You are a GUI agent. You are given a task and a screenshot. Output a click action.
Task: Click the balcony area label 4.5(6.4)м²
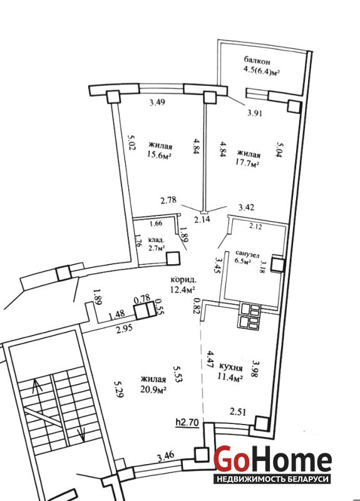click(x=262, y=71)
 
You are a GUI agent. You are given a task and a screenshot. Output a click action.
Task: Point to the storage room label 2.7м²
click(x=157, y=247)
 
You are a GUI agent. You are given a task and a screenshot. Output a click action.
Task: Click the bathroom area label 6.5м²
click(x=243, y=261)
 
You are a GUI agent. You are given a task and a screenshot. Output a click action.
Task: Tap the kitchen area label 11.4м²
click(x=230, y=378)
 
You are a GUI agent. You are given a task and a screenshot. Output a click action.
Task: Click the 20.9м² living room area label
click(x=153, y=389)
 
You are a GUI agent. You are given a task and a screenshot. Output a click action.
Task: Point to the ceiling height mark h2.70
click(x=187, y=422)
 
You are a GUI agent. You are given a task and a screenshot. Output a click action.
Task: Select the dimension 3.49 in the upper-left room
click(x=158, y=102)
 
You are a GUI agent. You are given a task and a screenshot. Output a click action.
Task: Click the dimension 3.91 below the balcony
click(x=255, y=113)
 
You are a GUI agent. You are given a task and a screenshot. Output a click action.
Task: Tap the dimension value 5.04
click(x=280, y=152)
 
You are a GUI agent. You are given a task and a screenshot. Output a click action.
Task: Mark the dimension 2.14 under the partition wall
click(x=202, y=219)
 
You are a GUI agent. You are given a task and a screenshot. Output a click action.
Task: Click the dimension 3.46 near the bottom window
click(x=166, y=457)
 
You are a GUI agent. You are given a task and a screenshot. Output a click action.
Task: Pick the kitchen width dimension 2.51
click(x=238, y=412)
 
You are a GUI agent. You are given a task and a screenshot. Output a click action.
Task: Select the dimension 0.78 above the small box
click(x=142, y=299)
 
